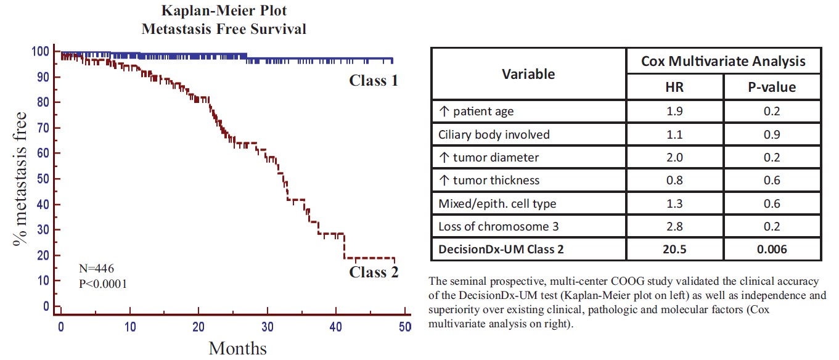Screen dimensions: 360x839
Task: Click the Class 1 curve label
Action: click(374, 80)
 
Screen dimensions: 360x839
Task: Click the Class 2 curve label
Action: click(374, 272)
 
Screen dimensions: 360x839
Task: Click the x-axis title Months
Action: click(237, 348)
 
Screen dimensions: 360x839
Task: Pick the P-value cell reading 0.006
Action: click(771, 249)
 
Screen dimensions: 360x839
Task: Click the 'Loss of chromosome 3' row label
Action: click(498, 226)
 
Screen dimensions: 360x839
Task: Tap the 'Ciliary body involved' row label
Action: click(493, 134)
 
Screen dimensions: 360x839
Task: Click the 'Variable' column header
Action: click(528, 74)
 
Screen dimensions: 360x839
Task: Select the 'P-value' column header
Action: click(771, 87)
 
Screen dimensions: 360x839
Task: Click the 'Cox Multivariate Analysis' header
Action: click(723, 61)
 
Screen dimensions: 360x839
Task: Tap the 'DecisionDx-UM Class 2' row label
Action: click(501, 249)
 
